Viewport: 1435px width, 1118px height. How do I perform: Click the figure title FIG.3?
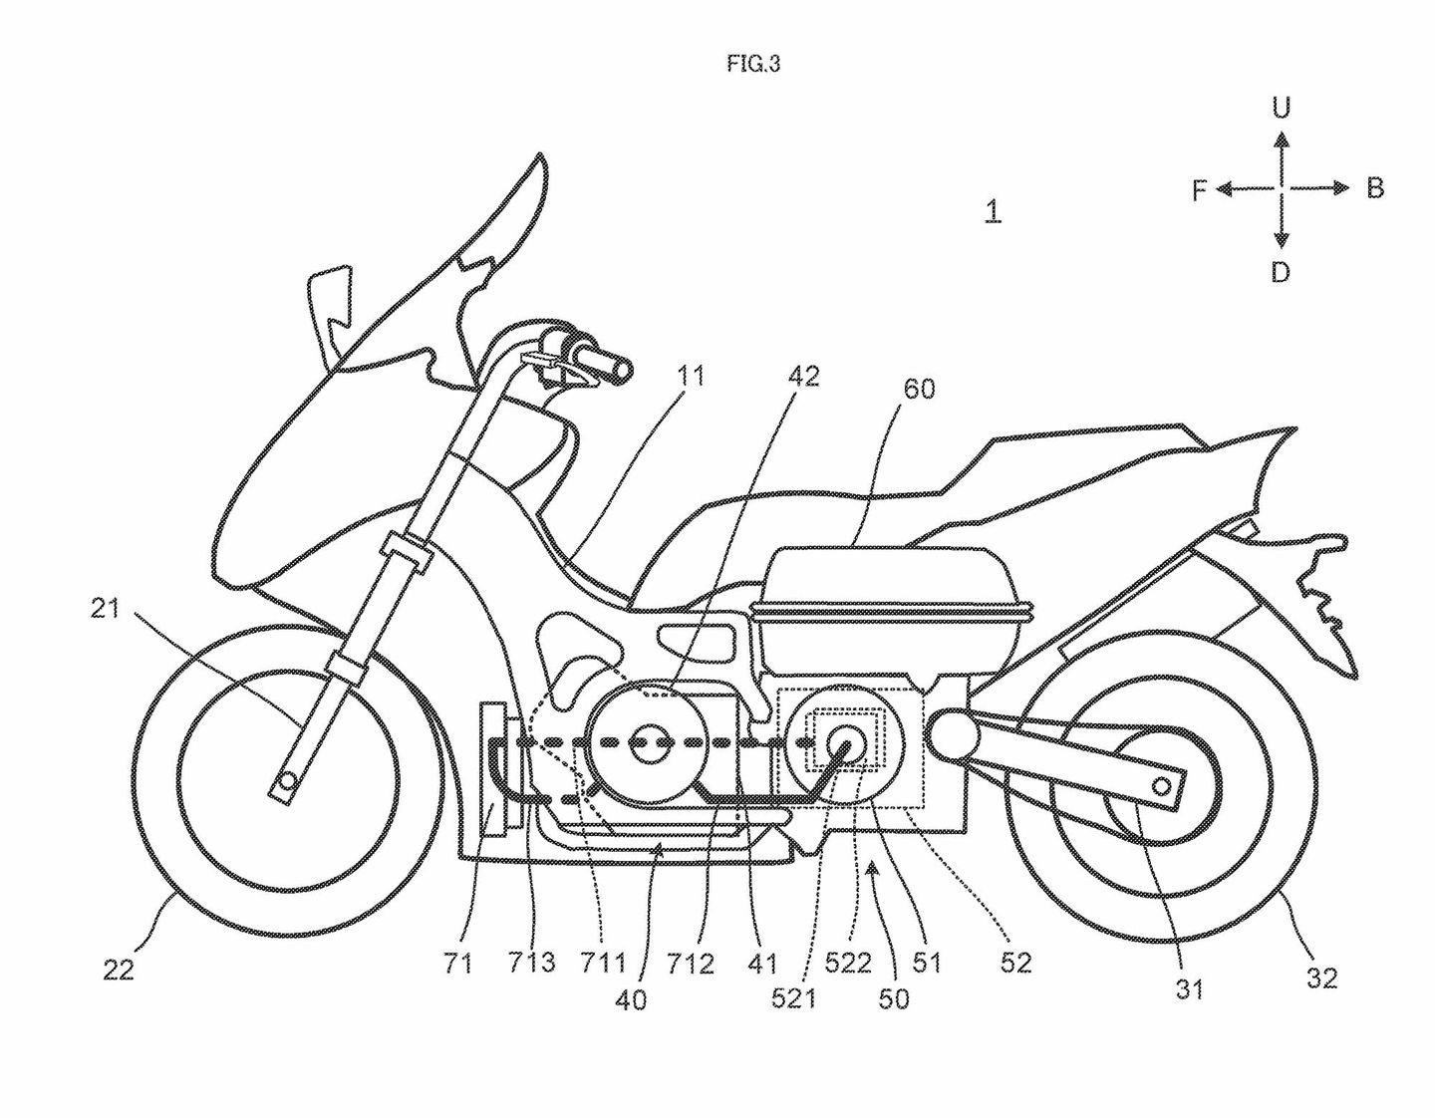(753, 65)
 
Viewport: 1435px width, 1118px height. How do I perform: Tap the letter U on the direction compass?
(1282, 108)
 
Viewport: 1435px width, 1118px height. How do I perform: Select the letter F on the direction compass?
(1200, 189)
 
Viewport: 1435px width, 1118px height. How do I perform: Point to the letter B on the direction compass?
(1375, 187)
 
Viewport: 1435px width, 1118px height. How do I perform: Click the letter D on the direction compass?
(1281, 272)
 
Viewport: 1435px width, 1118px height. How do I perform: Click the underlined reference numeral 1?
(993, 210)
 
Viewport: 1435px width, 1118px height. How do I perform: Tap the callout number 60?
(919, 389)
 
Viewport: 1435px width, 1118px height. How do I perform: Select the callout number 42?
(803, 376)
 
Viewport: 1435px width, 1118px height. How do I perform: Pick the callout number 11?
(691, 376)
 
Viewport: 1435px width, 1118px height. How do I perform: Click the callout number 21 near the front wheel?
(105, 608)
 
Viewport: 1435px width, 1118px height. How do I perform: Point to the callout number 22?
(118, 969)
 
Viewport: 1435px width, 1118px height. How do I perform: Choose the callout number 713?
(530, 963)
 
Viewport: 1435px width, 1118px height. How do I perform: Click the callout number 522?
(848, 963)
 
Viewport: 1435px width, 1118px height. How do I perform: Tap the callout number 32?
(1321, 978)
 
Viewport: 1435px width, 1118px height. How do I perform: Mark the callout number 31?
(1190, 988)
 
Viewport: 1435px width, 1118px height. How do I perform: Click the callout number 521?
(793, 997)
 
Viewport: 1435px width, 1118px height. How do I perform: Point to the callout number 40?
(631, 997)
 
